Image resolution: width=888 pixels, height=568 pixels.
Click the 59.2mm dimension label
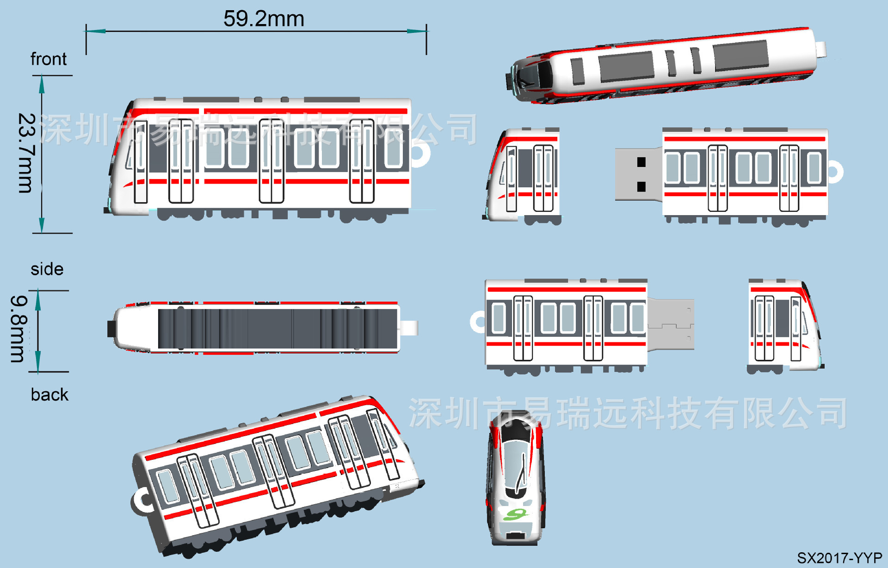(264, 19)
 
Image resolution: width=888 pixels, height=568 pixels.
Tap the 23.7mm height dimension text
(26, 153)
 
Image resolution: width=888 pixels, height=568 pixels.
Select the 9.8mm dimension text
(19, 329)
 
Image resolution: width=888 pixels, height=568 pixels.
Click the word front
(49, 59)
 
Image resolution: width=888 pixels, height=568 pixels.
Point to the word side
(47, 269)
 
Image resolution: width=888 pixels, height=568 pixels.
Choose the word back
(49, 395)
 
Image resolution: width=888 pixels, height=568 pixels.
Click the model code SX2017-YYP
(839, 558)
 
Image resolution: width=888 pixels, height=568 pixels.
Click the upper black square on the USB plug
(641, 162)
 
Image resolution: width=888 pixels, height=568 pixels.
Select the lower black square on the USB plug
(641, 186)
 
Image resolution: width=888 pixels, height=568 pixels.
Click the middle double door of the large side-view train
(271, 161)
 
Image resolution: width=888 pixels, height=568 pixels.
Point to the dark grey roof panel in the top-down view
(277, 328)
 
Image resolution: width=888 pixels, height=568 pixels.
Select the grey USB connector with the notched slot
(671, 324)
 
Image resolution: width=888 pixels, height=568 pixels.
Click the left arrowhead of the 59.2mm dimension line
(95, 31)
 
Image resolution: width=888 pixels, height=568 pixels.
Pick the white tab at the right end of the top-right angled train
(820, 49)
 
